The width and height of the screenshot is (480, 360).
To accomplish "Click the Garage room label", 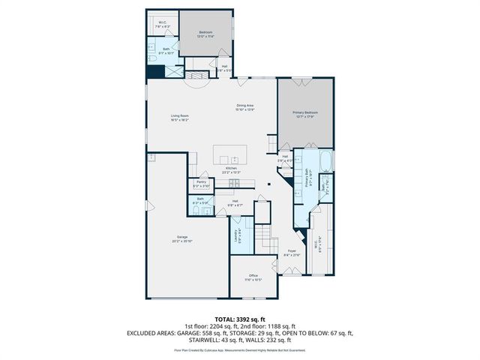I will [x=183, y=239].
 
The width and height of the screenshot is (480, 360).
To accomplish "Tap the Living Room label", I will [x=179, y=117].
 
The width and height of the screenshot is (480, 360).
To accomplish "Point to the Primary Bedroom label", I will [x=305, y=113].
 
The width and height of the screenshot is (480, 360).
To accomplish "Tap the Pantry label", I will [x=201, y=182].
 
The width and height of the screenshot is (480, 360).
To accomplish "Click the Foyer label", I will [x=292, y=253].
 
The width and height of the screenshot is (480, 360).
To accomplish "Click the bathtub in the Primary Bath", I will [x=324, y=160].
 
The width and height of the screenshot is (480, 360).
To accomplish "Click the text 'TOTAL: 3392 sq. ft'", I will [x=240, y=319].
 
